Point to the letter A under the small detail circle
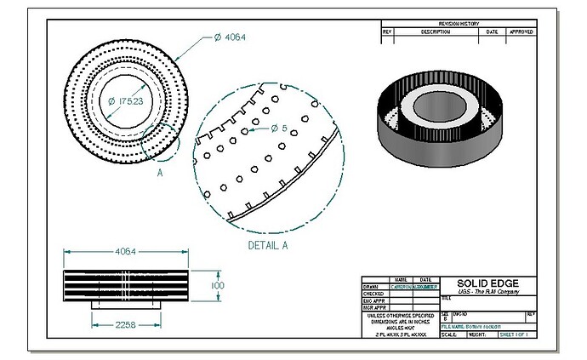point(159,171)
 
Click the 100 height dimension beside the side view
point(218,286)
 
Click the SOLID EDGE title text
point(487,283)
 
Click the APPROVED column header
point(521,31)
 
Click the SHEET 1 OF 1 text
point(515,335)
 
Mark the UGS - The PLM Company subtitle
point(487,293)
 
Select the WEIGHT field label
point(478,335)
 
